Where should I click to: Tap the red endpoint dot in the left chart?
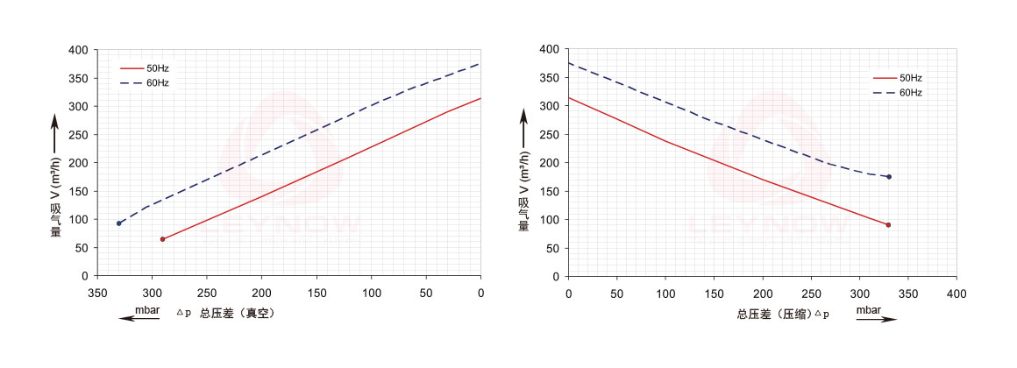pyautogui.click(x=162, y=239)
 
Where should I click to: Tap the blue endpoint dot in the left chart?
pyautogui.click(x=119, y=223)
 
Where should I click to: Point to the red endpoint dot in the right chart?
pyautogui.click(x=888, y=225)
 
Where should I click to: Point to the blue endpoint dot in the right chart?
pyautogui.click(x=888, y=177)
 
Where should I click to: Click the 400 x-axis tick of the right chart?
pyautogui.click(x=957, y=292)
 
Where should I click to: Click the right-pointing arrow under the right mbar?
pyautogui.click(x=876, y=320)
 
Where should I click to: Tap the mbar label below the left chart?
pyautogui.click(x=147, y=309)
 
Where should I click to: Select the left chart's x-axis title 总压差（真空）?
pyautogui.click(x=237, y=313)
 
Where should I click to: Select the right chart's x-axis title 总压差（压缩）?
pyautogui.click(x=770, y=313)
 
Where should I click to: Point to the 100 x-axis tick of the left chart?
pyautogui.click(x=371, y=292)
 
